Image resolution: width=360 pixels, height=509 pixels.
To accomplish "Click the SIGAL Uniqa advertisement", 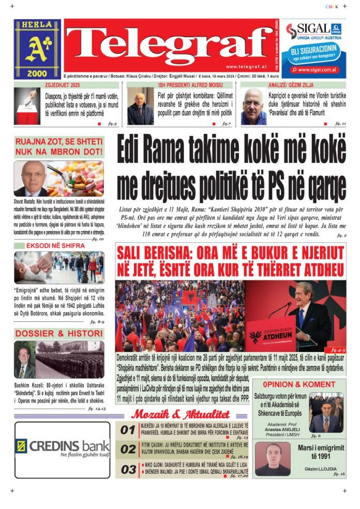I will [x=314, y=49].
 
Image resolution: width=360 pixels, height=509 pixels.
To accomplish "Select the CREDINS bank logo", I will [x=63, y=446].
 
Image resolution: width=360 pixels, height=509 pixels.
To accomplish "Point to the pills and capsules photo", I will [x=76, y=179].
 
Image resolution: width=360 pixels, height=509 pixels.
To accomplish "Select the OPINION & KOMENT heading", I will [x=299, y=384].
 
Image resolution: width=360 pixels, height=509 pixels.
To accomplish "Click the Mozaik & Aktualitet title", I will [x=180, y=414].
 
